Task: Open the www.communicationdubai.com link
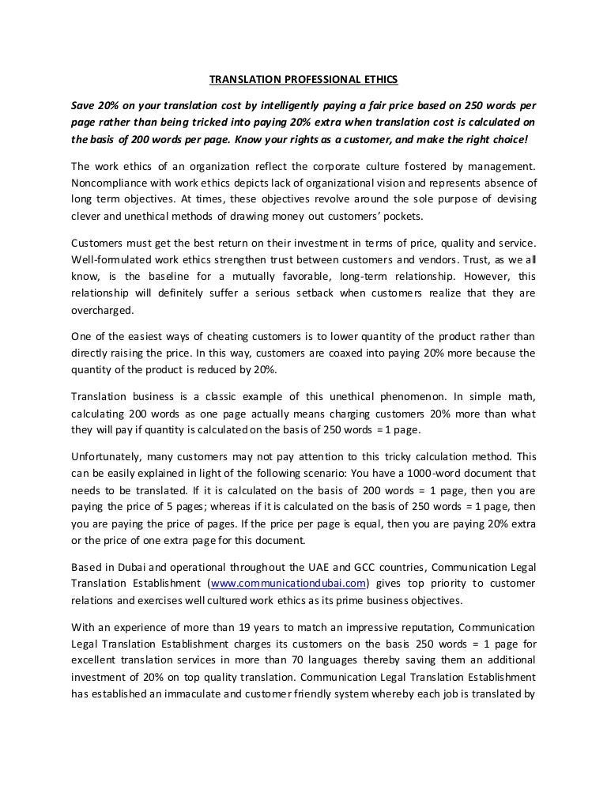(290, 584)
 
